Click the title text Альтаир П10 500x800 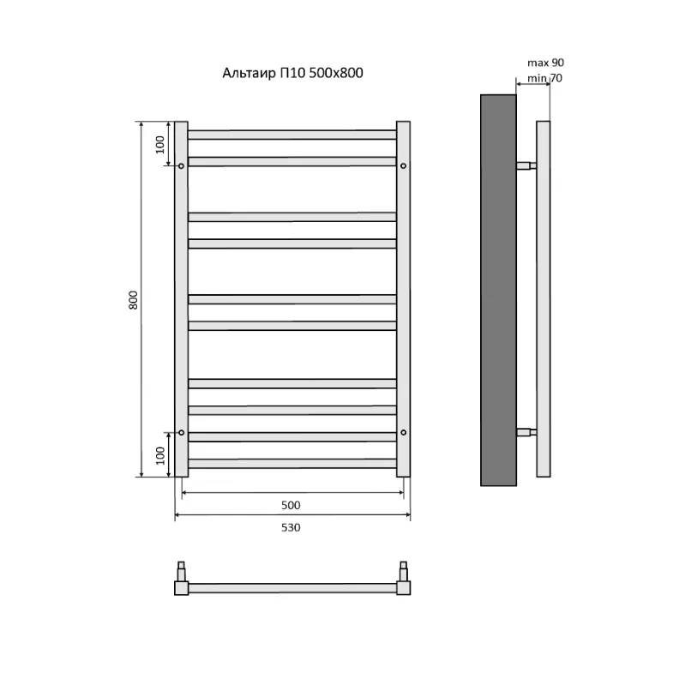(292, 73)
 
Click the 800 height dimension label (134, 300)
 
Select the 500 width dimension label (291, 505)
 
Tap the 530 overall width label (291, 527)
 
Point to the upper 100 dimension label (160, 145)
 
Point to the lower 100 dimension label (160, 455)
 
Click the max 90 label (545, 63)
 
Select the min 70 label (544, 78)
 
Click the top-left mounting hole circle (181, 165)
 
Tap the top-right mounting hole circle (403, 165)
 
